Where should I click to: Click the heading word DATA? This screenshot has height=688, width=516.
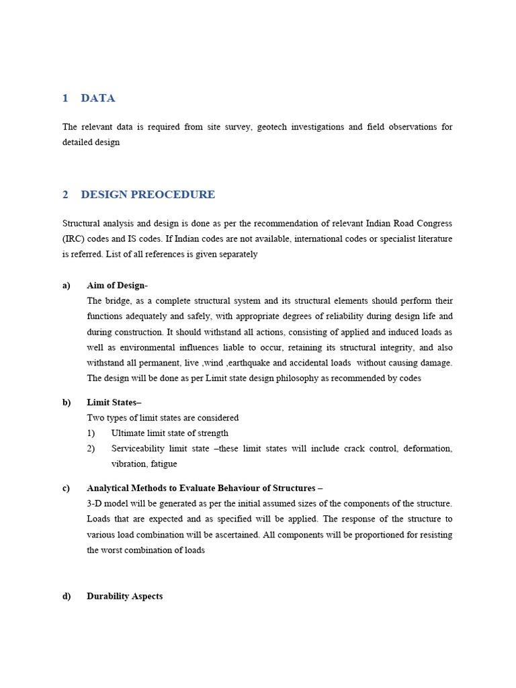coord(98,98)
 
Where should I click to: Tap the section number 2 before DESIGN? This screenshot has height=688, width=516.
coord(66,195)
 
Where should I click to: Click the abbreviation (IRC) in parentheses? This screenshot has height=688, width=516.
coord(73,239)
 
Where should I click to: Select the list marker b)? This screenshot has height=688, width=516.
coord(67,402)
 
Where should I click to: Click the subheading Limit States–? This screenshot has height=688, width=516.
coord(114,402)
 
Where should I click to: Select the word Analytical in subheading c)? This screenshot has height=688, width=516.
coord(109,488)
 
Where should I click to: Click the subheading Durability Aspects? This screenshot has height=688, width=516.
coord(125,597)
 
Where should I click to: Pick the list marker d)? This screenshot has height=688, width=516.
coord(67,597)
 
